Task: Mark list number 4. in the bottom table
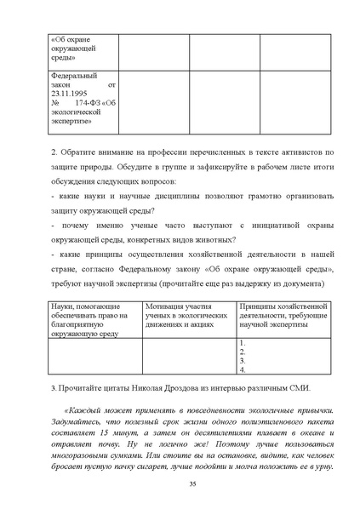pos(243,369)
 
